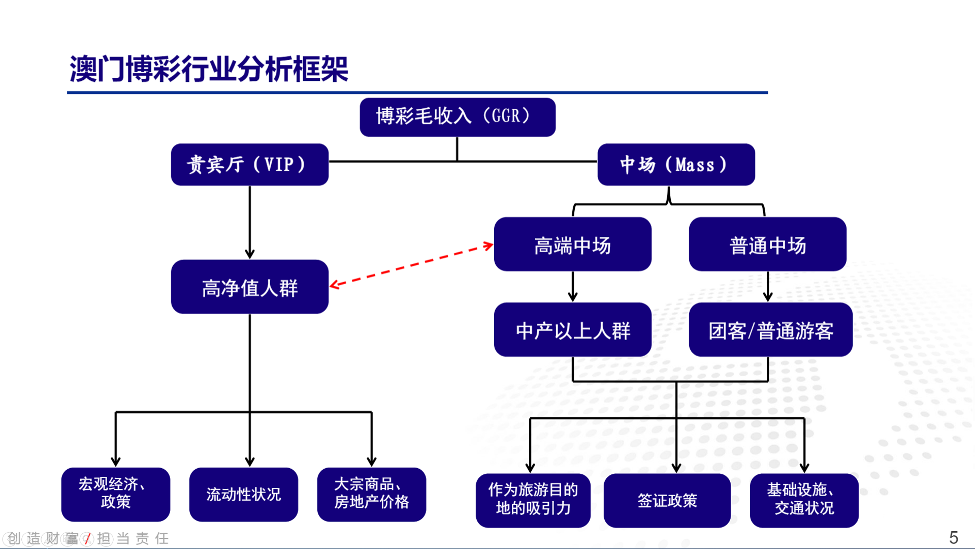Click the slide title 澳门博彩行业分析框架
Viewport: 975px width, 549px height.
click(209, 69)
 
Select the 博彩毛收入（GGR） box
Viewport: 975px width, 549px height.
click(458, 117)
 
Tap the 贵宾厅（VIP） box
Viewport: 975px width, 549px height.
click(250, 165)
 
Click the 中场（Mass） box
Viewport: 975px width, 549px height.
click(676, 165)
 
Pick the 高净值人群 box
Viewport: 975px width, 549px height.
click(250, 287)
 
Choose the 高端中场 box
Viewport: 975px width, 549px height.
click(573, 244)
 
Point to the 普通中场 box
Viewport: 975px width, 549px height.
click(768, 244)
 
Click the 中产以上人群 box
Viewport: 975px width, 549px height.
click(573, 329)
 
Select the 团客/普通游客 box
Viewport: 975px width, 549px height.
click(771, 329)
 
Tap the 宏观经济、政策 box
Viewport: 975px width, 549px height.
click(116, 495)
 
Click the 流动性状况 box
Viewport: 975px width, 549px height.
click(244, 495)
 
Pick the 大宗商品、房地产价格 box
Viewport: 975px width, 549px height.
click(372, 495)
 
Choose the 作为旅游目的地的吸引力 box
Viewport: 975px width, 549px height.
click(533, 501)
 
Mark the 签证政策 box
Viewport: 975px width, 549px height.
click(667, 501)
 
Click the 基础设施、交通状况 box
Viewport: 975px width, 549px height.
click(804, 501)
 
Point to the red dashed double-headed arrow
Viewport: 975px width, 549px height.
click(411, 265)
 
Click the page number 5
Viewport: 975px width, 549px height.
click(954, 537)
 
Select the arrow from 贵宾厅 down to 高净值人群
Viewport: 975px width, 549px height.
click(250, 223)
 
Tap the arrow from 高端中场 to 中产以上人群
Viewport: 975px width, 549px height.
click(573, 287)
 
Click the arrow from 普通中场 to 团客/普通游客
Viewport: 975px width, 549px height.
click(768, 287)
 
